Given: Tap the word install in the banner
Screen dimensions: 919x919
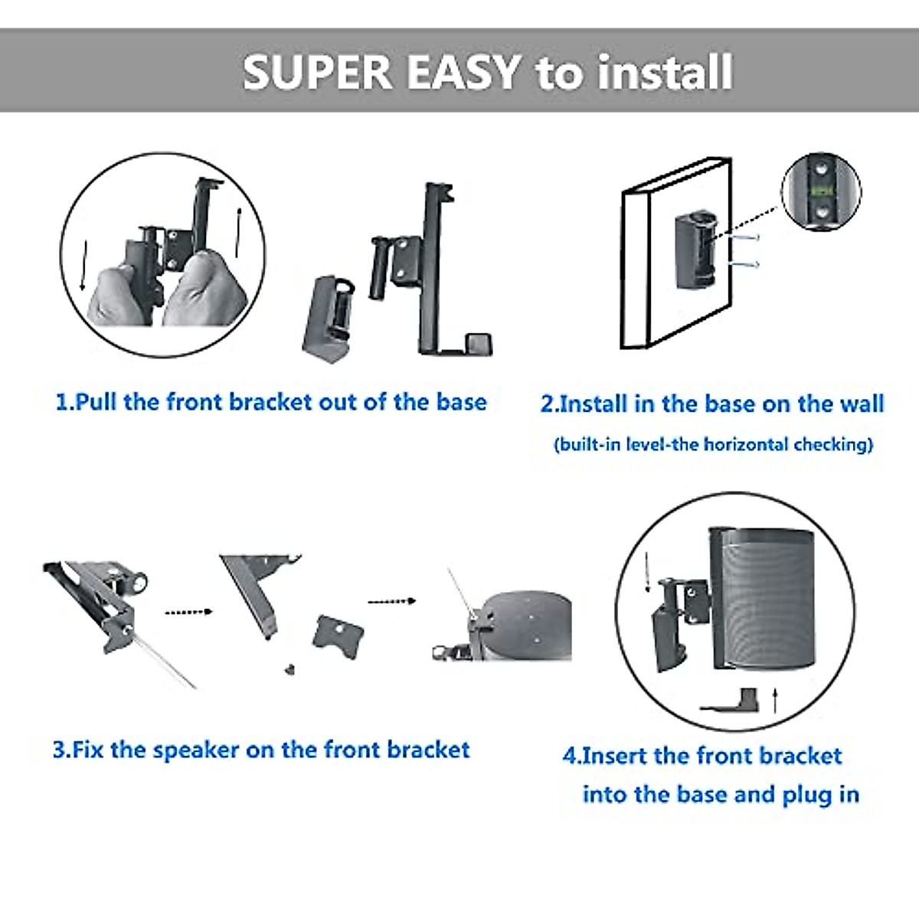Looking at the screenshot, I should point(665,72).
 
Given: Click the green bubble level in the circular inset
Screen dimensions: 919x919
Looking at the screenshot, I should point(821,188).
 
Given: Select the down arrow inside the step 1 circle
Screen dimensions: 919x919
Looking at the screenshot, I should point(84,265).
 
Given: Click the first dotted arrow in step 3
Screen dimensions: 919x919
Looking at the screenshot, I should point(188,612).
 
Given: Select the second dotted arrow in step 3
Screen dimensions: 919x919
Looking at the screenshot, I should point(391,601).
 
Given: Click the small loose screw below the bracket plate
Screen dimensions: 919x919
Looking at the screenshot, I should point(290,669).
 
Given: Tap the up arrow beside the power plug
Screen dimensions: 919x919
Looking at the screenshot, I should point(776,699).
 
